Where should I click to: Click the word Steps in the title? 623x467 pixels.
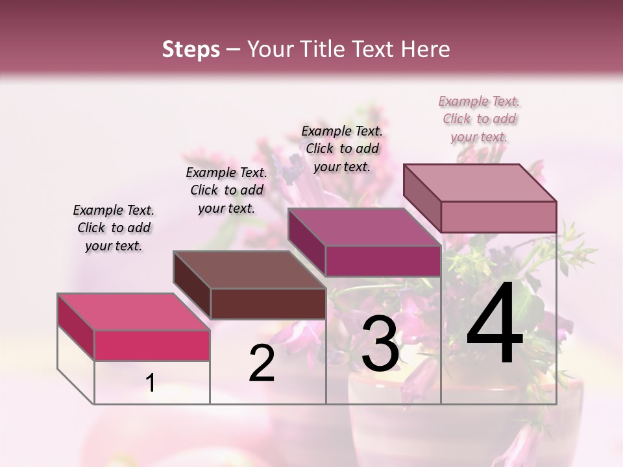click(191, 49)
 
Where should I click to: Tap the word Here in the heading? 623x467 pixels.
click(424, 49)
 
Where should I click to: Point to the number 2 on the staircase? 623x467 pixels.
click(262, 363)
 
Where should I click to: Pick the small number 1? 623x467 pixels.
click(151, 383)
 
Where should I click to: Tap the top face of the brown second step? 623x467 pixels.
click(249, 270)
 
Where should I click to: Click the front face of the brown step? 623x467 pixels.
click(268, 304)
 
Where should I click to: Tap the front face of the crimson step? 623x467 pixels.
click(152, 345)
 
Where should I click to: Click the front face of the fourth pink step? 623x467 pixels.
click(498, 216)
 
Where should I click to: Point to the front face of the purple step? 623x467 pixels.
click(383, 261)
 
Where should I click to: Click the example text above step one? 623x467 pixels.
click(114, 228)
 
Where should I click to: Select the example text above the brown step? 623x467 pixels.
click(226, 190)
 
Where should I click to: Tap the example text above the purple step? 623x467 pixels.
click(342, 149)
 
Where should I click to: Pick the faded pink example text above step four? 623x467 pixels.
click(479, 119)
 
